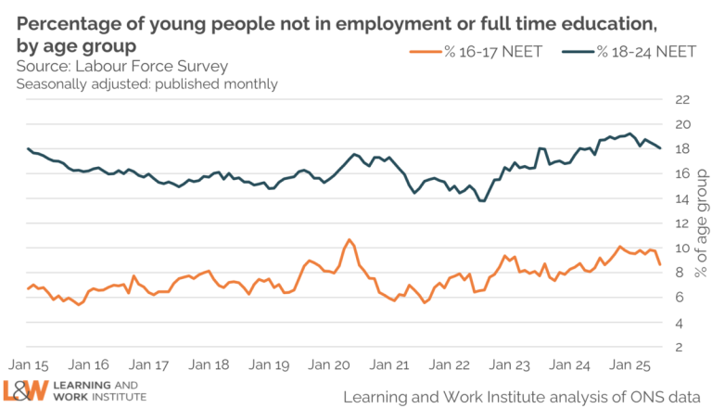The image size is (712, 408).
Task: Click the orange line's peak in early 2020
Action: (350, 240)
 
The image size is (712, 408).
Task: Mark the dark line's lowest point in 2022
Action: (482, 200)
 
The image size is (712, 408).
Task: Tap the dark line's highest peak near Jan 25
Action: (630, 134)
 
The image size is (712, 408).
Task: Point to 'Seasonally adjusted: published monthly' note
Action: (146, 84)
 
